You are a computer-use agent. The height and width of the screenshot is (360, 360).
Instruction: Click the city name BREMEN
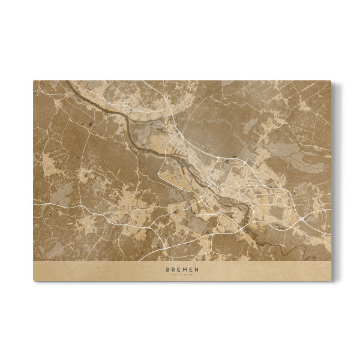[182, 270]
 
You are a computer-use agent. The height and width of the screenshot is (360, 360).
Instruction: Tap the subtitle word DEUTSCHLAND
[182, 275]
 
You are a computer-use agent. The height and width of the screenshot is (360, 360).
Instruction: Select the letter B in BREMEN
[168, 270]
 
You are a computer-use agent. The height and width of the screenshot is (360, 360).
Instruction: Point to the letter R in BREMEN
[173, 270]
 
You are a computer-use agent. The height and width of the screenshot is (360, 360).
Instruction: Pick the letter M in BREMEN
[185, 270]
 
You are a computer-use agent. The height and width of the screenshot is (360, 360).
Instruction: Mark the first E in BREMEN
[179, 270]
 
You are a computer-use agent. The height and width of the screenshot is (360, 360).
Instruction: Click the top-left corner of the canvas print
[34, 81]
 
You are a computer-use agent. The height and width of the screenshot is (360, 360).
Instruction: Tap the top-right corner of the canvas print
[331, 81]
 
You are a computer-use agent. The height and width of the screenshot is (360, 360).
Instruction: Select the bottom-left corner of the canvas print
[34, 280]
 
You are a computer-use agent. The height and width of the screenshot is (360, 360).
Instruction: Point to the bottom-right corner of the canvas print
[331, 280]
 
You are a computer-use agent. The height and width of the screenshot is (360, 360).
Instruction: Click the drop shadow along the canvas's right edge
[334, 180]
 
